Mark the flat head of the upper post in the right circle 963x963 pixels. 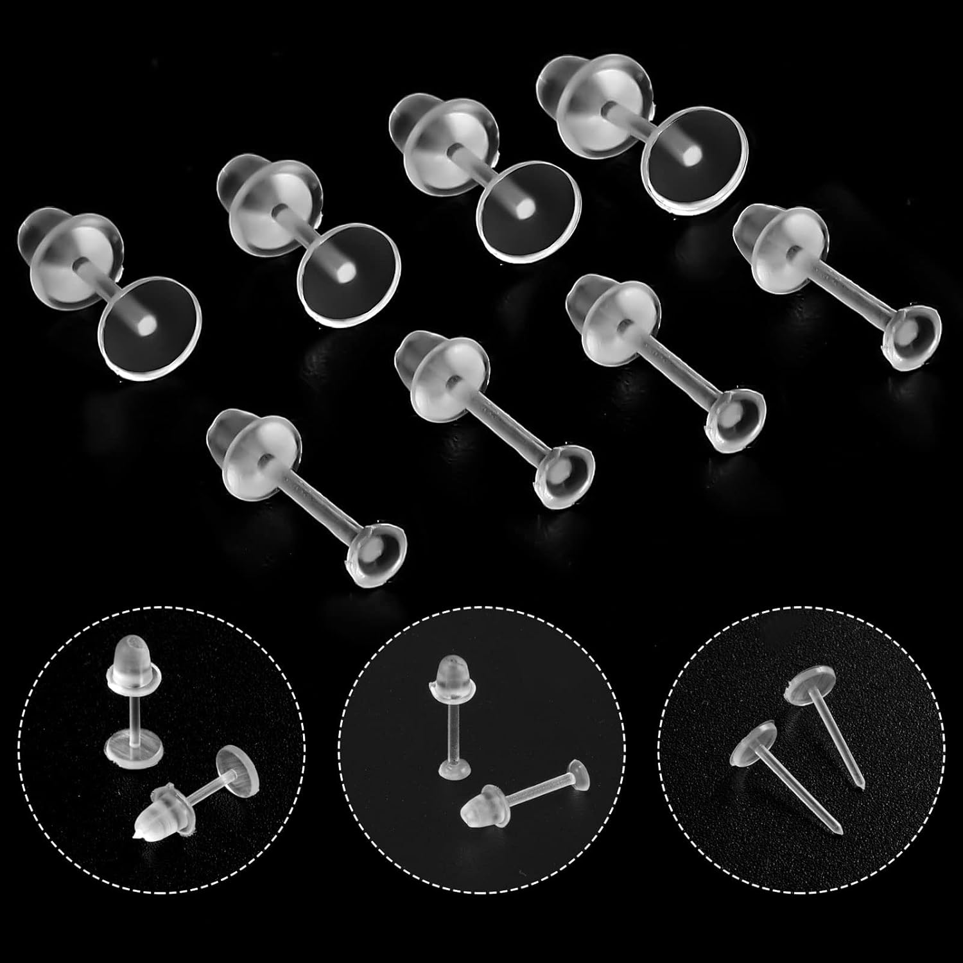(812, 682)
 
